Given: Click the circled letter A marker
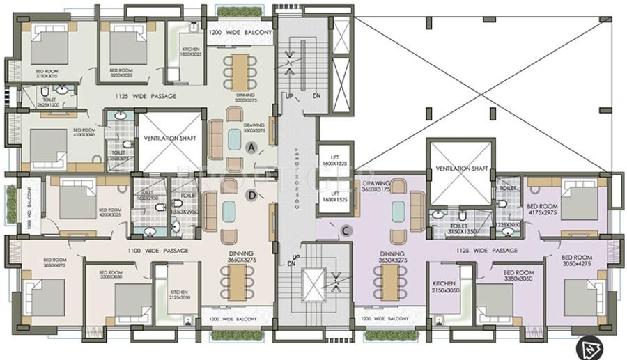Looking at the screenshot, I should [252, 146].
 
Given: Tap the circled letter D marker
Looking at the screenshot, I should [252, 195].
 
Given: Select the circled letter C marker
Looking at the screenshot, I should [346, 230].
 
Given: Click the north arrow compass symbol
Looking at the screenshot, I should [588, 346].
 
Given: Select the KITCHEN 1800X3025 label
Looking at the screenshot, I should [191, 52].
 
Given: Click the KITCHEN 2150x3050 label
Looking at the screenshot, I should [444, 287].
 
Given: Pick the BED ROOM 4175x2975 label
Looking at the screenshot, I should [542, 210].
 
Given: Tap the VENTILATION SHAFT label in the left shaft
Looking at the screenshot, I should [169, 139].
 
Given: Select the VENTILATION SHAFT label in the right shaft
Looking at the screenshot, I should [462, 169].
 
